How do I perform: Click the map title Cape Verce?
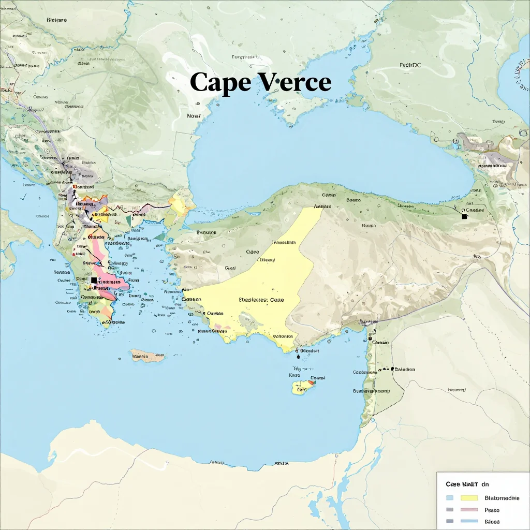coord(260,82)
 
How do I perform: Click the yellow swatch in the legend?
coord(468,498)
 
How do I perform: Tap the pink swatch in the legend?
coord(468,510)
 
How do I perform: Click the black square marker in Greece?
coord(94,280)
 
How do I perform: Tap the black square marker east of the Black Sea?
coord(464,216)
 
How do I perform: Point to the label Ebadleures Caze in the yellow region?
coord(261,300)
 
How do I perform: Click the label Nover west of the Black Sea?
coord(194,116)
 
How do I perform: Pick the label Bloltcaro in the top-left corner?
coord(56,20)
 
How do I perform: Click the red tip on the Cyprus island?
coord(312,382)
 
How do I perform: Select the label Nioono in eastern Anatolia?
coord(369,226)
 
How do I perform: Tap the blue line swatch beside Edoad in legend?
coord(468,521)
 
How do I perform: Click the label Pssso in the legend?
coord(492,510)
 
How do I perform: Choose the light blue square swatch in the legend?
coord(449,498)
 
